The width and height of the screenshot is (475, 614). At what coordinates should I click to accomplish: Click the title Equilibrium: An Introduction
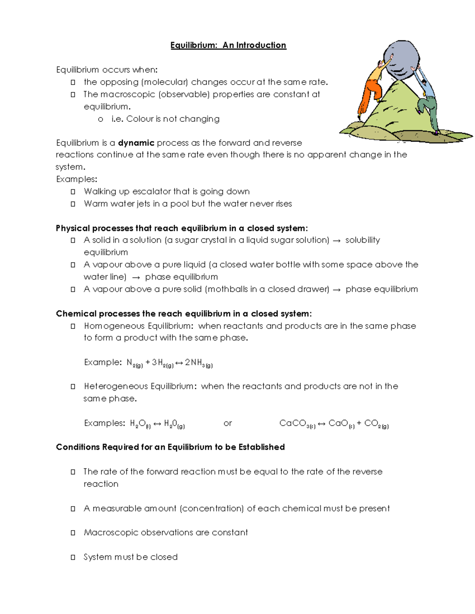228,45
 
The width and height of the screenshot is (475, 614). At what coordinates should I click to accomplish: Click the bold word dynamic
136,143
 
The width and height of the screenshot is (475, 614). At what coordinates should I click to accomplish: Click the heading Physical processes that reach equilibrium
182,229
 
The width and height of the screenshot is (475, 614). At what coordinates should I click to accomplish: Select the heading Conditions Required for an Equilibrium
170,447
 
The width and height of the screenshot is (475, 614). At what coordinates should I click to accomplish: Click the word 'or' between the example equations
228,423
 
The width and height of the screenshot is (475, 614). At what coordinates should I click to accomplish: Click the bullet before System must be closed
73,557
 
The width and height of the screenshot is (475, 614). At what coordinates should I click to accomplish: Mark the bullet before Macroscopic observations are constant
73,533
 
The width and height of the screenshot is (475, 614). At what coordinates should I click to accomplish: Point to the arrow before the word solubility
336,241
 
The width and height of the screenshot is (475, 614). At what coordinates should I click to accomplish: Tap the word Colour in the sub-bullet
140,119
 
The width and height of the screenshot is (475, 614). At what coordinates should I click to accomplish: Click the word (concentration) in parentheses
212,508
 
